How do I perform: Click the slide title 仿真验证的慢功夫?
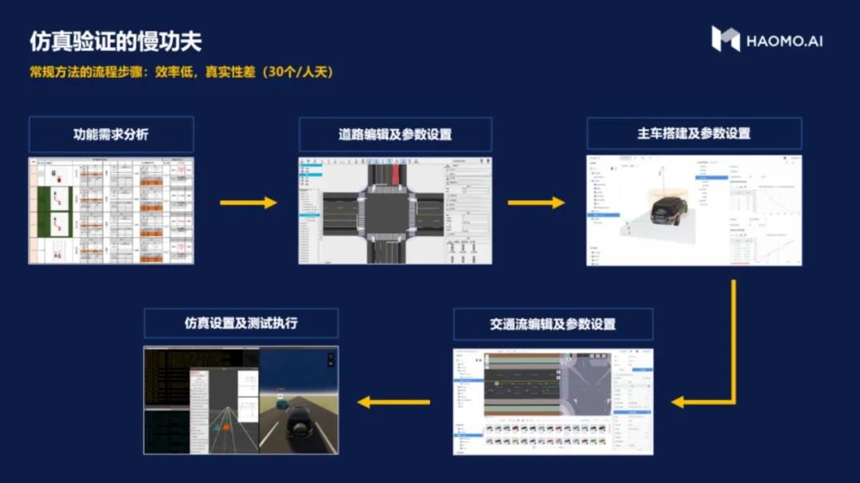pyautogui.click(x=115, y=41)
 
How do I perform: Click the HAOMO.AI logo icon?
pyautogui.click(x=725, y=39)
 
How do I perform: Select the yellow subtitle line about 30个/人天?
pyautogui.click(x=181, y=72)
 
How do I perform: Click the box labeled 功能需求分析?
pyautogui.click(x=111, y=134)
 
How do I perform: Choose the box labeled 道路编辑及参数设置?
pyautogui.click(x=395, y=134)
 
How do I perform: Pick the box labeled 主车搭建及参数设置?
pyautogui.click(x=694, y=133)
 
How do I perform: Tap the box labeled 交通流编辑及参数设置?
pyautogui.click(x=553, y=324)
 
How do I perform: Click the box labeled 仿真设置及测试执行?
pyautogui.click(x=241, y=324)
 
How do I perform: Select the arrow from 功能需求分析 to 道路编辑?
pyautogui.click(x=248, y=202)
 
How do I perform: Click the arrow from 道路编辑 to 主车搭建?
pyautogui.click(x=536, y=202)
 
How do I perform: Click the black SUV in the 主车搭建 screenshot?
pyautogui.click(x=668, y=209)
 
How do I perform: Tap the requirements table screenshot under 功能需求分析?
pyautogui.click(x=111, y=210)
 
